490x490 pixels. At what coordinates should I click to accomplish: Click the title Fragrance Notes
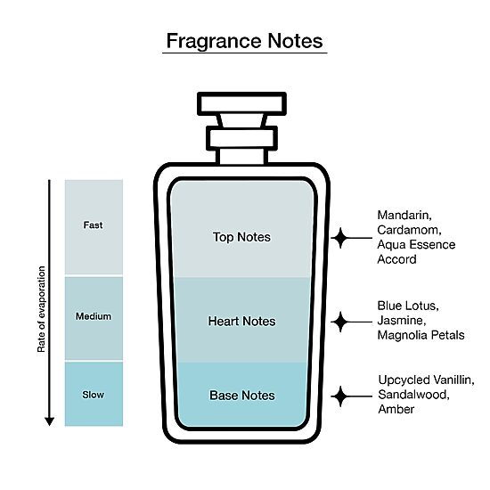coord(244,41)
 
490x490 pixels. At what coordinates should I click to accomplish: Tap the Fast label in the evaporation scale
coord(94,225)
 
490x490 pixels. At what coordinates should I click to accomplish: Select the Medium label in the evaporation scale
coord(94,316)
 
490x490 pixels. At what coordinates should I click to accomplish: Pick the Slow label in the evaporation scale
coord(94,395)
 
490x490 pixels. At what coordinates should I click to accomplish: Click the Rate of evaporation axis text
coord(41,309)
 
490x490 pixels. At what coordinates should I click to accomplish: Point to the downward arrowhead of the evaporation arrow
coord(49,421)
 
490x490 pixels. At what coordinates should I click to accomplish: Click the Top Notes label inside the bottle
coord(241,237)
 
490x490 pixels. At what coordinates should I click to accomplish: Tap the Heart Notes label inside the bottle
coord(241,322)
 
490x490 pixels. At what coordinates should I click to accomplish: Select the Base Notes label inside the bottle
coord(242,396)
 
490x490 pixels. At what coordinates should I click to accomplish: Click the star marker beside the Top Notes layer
coord(340,238)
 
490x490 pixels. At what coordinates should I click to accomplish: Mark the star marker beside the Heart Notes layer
coord(340,322)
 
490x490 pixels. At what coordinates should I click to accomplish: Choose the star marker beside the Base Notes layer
coord(340,396)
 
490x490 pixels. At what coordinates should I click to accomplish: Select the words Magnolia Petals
coord(421,335)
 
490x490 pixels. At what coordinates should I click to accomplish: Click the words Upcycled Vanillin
coord(426,380)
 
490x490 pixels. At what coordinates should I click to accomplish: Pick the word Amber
coord(396,409)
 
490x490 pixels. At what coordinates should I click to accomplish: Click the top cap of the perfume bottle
coord(241,103)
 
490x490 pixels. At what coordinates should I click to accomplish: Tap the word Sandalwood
coord(413,395)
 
